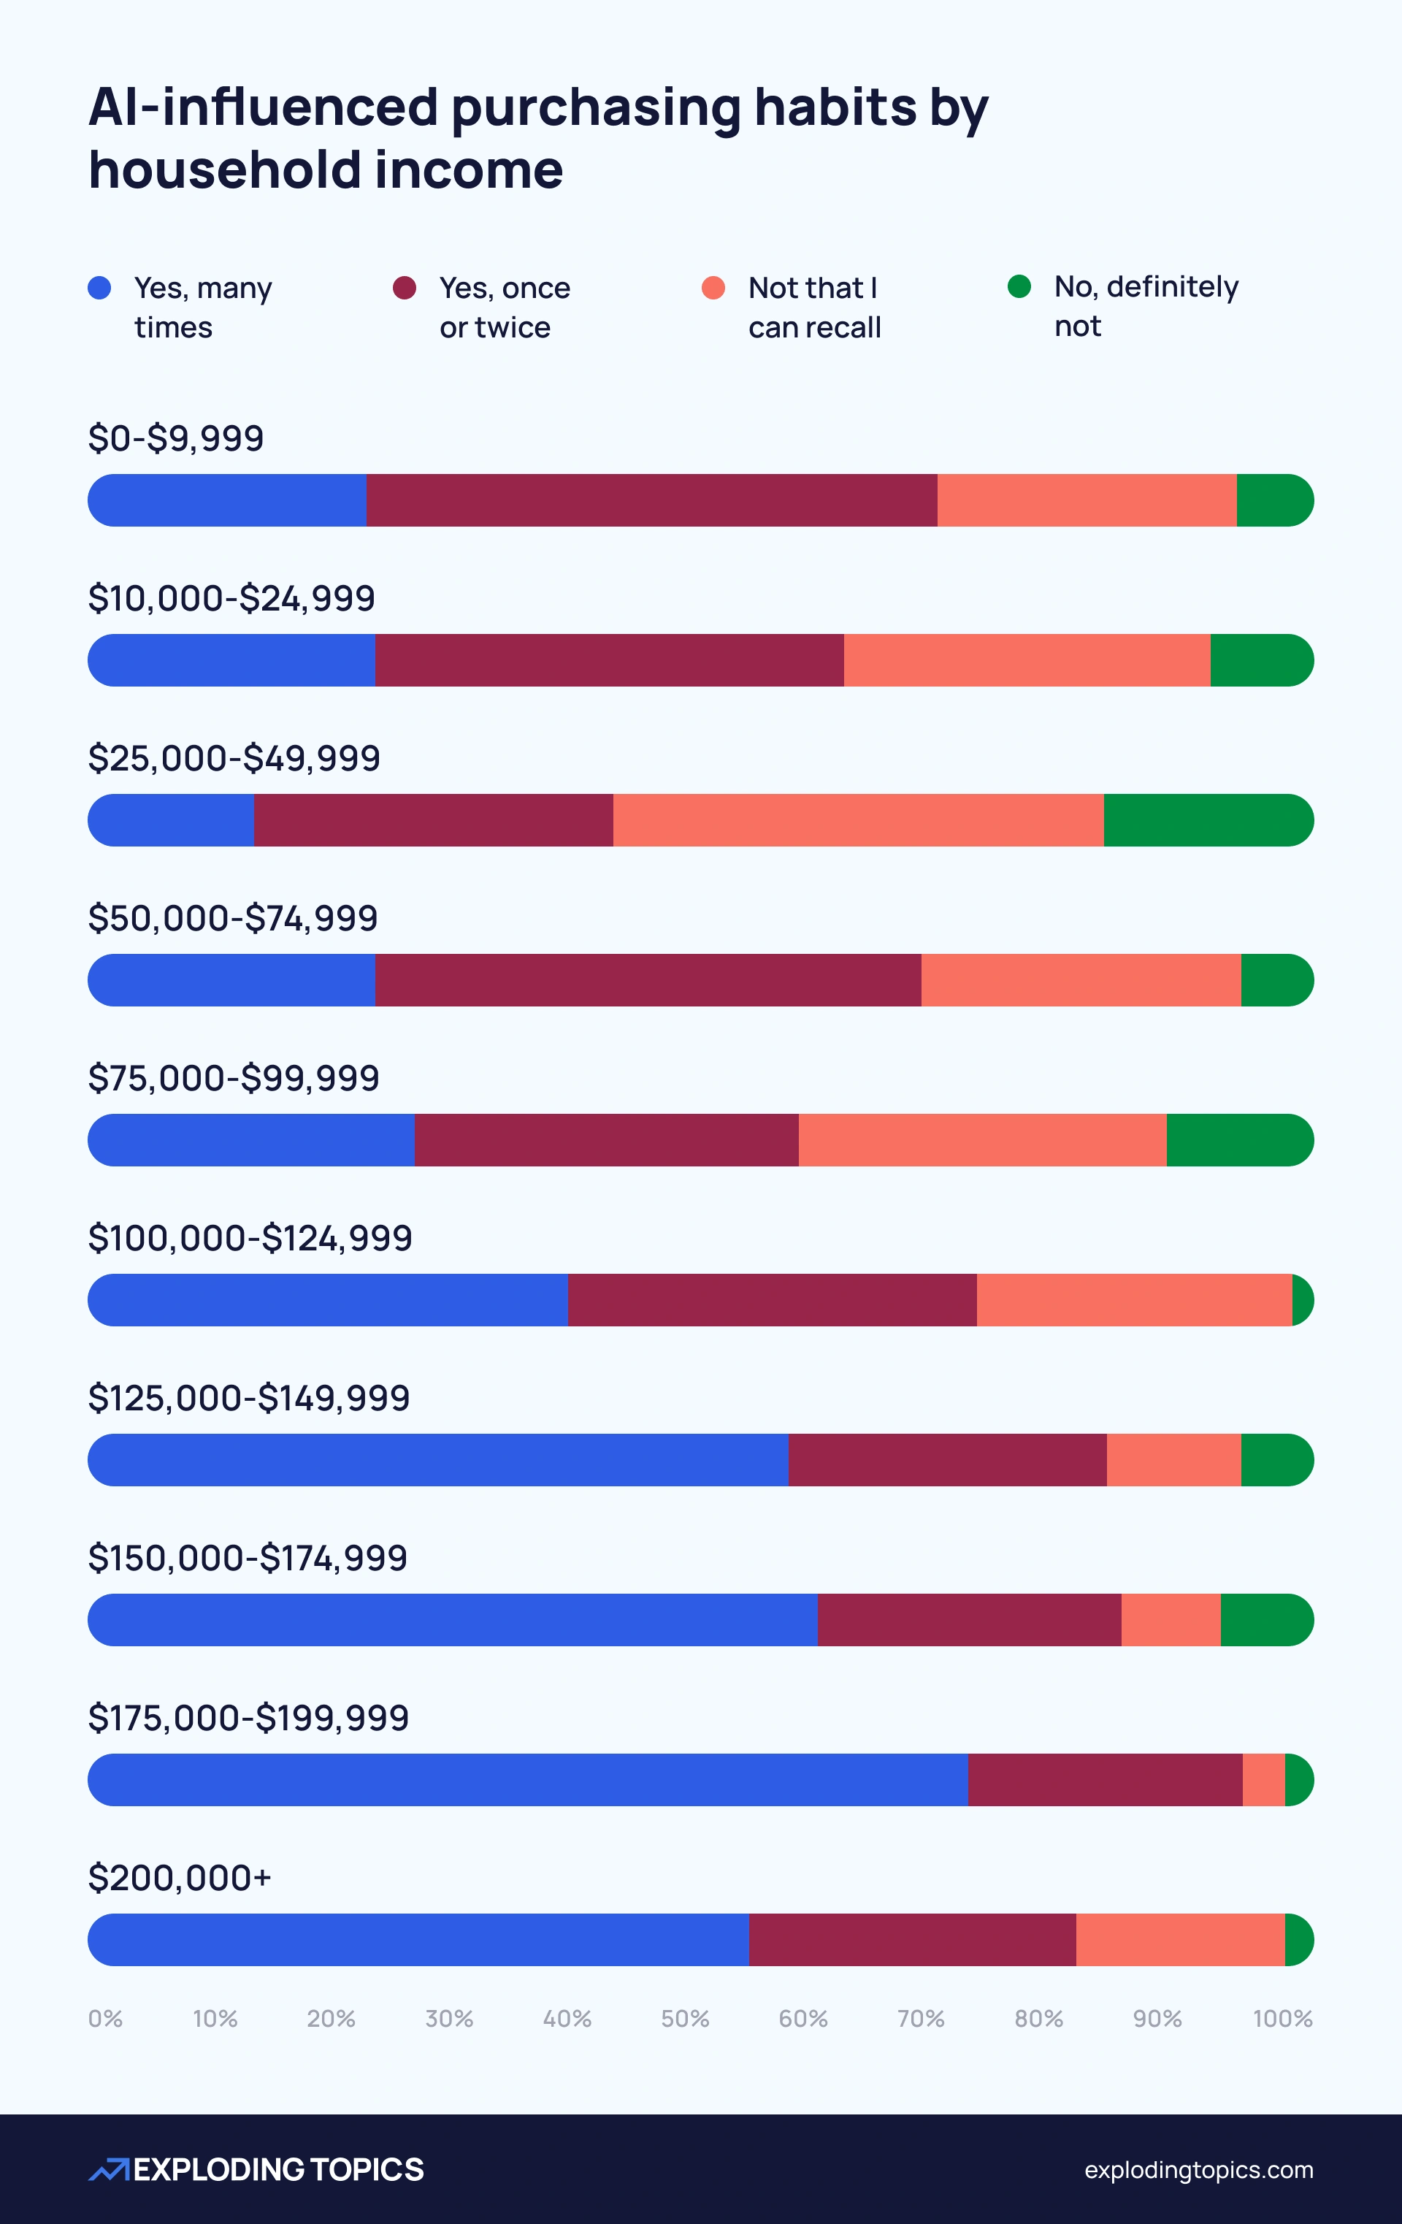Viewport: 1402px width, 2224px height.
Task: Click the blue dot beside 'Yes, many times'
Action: (100, 288)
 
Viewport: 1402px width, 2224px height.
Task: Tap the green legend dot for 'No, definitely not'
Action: (1019, 286)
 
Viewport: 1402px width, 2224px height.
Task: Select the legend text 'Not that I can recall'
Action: (813, 307)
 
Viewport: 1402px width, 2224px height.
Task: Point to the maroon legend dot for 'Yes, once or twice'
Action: (405, 288)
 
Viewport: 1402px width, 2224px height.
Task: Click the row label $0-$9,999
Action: (175, 437)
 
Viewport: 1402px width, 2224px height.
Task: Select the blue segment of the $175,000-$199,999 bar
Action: (527, 1780)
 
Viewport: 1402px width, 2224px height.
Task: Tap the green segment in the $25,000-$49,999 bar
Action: (1207, 820)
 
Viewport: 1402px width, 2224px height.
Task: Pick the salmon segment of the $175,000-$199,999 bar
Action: (1263, 1780)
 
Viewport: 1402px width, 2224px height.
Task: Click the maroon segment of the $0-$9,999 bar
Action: (651, 500)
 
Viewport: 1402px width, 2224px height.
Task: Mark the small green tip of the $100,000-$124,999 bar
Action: (1301, 1300)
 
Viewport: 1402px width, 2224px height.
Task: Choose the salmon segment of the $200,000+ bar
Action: (1179, 1940)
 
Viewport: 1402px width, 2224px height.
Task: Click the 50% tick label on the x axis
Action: (684, 2019)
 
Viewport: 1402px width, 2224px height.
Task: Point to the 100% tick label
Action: (1282, 2019)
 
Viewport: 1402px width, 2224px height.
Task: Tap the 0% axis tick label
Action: (105, 2019)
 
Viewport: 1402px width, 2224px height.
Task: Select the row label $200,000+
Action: (179, 1878)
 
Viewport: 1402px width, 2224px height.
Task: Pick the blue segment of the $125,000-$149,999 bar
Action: (438, 1460)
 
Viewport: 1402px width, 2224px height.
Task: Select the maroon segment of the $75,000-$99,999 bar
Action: (606, 1141)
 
